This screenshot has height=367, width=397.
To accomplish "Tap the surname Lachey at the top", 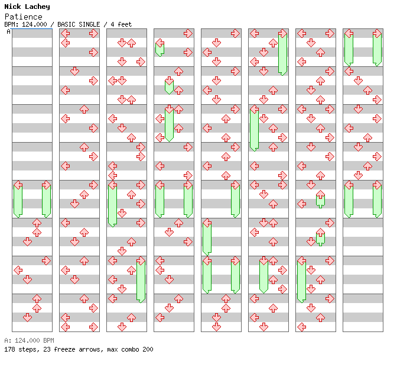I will point(37,7).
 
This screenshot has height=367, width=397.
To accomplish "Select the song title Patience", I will point(23,17).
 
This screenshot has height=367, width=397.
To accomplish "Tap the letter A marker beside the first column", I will point(8,32).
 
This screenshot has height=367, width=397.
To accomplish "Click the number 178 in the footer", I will point(9,349).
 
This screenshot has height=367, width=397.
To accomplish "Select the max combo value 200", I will point(147,349).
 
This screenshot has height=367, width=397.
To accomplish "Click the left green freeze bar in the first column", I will point(18,200).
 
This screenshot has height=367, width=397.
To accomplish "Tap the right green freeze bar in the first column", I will point(46,200).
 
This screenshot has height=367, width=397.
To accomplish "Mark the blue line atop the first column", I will point(32,29).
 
